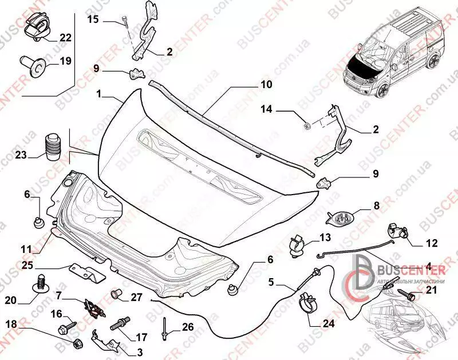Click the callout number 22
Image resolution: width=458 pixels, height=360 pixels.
pos(65,38)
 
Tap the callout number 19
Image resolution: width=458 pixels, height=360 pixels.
pos(65,61)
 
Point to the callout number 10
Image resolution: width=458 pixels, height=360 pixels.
pos(266,84)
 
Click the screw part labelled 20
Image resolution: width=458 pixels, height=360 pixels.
pos(41,283)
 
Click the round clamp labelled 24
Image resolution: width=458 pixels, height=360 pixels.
pos(306,302)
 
